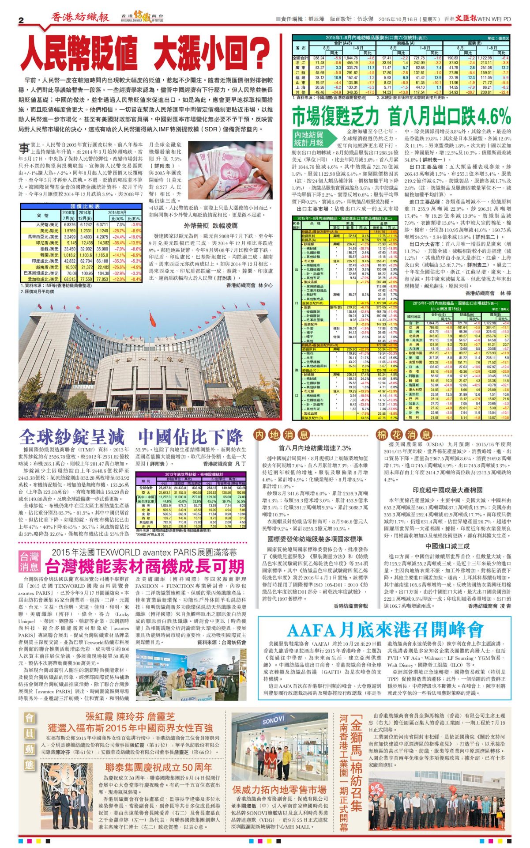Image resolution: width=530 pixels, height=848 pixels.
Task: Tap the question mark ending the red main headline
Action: coord(259,52)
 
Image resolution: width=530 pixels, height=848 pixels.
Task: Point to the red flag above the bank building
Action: coord(152,318)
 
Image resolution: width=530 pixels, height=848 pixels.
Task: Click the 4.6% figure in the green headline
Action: coord(493,117)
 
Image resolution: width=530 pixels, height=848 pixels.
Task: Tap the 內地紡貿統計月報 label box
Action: coord(309,138)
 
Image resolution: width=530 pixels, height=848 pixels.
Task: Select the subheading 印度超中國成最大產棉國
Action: coord(447,490)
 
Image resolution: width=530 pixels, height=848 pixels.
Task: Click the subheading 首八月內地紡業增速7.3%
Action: coord(315,448)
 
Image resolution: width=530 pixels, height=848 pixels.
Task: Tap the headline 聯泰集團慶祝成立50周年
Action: coord(158,767)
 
